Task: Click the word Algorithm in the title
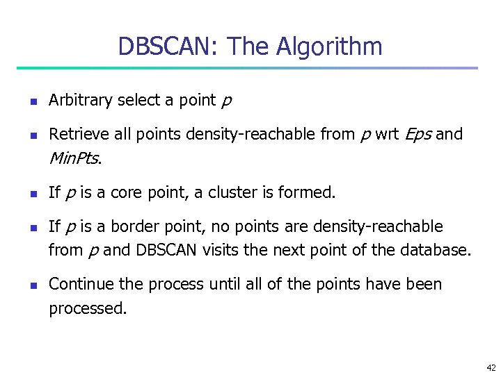tap(329, 47)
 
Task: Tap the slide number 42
tap(491, 367)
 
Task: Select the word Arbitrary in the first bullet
tap(80, 100)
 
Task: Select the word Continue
tap(78, 284)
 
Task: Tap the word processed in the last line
tap(87, 308)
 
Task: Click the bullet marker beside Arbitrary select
tap(33, 101)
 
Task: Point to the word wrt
tap(386, 134)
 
